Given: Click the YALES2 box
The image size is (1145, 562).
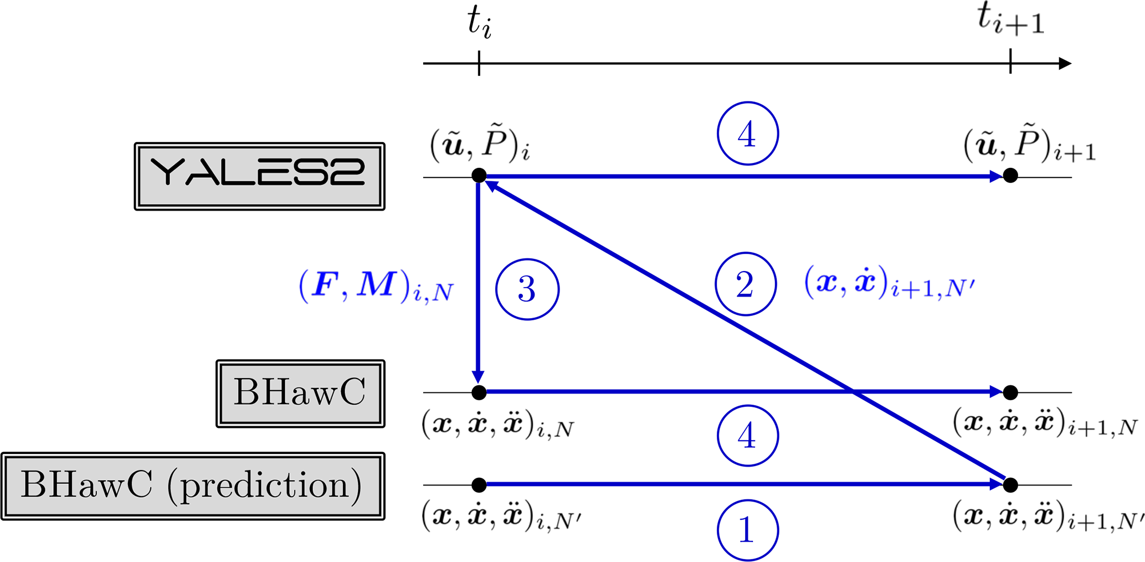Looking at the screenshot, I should click(x=259, y=176).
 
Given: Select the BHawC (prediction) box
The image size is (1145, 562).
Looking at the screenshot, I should click(x=192, y=486).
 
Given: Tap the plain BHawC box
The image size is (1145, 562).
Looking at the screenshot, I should click(x=300, y=393).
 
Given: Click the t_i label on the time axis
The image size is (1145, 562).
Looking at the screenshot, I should click(x=479, y=23).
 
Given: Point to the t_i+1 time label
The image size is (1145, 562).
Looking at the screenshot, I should click(x=1010, y=21).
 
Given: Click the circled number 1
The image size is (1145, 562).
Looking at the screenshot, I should click(x=747, y=530).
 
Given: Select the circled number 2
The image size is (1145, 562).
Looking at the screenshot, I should click(x=746, y=284).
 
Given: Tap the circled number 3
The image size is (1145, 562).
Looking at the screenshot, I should click(x=527, y=289).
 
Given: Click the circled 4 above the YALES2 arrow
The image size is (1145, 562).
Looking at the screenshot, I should click(x=747, y=134).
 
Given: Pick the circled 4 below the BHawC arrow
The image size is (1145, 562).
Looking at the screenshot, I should click(x=747, y=435).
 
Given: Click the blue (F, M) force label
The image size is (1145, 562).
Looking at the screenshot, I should click(x=376, y=286).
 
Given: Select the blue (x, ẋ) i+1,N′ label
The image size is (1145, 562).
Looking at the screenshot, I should click(x=889, y=283).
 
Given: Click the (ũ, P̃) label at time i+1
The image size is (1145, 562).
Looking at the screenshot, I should click(x=1029, y=146).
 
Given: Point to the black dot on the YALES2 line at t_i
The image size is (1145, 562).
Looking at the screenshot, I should click(x=479, y=176).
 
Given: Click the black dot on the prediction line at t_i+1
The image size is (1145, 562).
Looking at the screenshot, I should click(x=1010, y=485).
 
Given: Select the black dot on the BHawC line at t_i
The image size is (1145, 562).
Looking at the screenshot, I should click(x=479, y=392).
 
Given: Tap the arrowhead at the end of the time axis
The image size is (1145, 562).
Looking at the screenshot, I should click(x=1065, y=63).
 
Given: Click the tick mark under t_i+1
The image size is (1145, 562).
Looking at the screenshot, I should click(x=1010, y=62).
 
